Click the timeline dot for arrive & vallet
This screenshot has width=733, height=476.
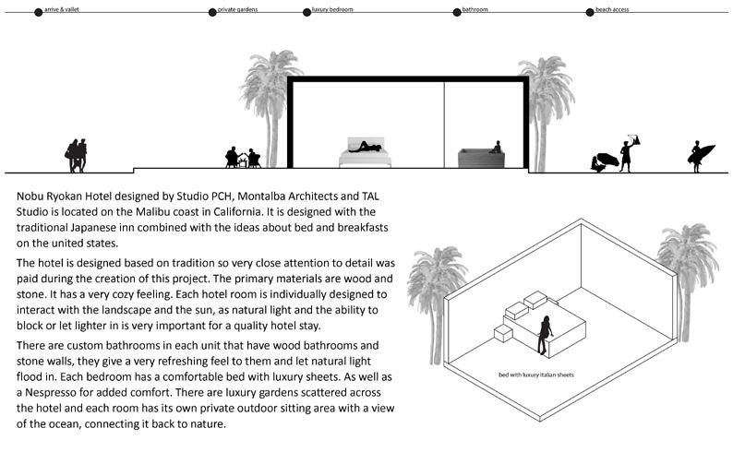[x=38, y=13]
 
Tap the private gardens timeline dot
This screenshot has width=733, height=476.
[x=211, y=13]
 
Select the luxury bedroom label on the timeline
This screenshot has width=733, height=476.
[x=332, y=8]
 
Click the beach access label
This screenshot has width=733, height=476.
[x=615, y=8]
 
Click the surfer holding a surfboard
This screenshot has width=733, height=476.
[x=699, y=157]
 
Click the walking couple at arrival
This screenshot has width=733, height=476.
[x=77, y=155]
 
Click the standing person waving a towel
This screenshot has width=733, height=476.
[x=628, y=152]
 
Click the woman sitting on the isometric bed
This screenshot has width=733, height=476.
[x=546, y=335]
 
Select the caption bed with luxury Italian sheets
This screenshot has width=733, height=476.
[x=535, y=375]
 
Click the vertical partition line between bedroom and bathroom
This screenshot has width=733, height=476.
[x=445, y=125]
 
